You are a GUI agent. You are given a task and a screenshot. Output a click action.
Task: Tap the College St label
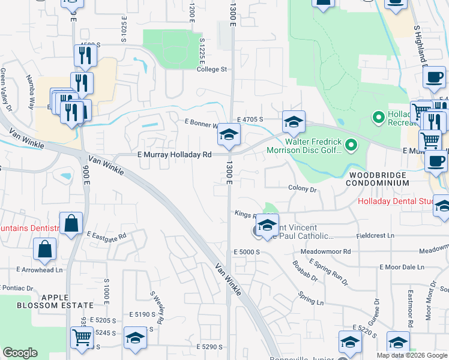pos(212,69)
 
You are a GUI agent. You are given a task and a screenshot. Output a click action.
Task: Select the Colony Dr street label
pos(302,189)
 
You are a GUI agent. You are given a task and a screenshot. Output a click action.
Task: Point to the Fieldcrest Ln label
pos(375,236)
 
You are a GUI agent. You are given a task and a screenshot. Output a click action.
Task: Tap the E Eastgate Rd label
pos(107,236)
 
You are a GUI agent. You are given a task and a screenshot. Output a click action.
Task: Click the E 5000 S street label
pos(246,252)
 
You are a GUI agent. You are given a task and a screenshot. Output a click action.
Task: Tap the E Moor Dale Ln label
pos(402,266)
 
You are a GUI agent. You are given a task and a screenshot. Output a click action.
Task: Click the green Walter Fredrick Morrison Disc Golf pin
pos(352,145)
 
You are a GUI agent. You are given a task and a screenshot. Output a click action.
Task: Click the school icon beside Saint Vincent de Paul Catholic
pos(267,225)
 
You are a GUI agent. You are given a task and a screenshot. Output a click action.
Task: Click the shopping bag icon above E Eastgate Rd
pos(71,223)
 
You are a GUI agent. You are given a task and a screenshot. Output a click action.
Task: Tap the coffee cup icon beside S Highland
pos(433,76)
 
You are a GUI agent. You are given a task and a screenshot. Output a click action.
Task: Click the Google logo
pos(20,353)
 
